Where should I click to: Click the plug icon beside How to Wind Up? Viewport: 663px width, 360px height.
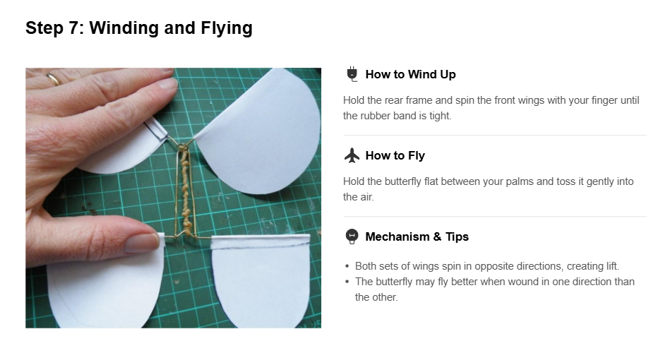352,74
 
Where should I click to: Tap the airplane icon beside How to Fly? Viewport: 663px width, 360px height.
352,155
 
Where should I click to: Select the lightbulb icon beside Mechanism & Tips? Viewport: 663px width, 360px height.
352,236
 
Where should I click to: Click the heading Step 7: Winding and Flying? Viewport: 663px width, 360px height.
138,28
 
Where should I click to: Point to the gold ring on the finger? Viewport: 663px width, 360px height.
54,78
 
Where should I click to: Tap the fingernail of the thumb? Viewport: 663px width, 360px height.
143,243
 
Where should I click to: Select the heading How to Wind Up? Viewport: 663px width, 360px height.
410,74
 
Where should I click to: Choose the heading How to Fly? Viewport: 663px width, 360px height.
395,155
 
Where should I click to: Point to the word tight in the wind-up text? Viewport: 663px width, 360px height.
440,116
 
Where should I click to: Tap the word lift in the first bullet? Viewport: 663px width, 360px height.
612,266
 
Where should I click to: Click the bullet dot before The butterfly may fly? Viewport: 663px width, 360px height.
347,282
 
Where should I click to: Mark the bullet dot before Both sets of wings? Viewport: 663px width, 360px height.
347,266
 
